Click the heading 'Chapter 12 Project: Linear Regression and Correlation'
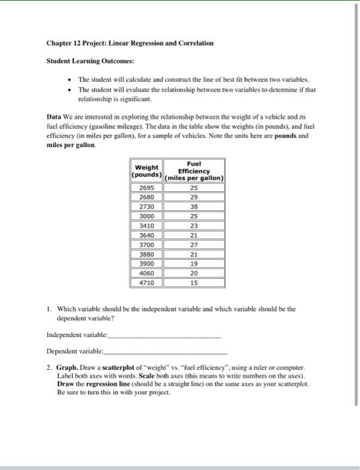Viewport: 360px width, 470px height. tap(130, 43)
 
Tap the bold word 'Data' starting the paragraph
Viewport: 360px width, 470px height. tap(54, 116)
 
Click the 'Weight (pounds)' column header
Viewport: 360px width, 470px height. tap(146, 171)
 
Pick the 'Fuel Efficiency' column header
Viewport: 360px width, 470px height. tap(194, 171)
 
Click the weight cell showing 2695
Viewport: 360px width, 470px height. tap(146, 188)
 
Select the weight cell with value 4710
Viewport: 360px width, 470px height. tap(146, 283)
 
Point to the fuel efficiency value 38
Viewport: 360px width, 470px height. tap(194, 207)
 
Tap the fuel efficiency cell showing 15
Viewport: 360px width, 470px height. tap(194, 283)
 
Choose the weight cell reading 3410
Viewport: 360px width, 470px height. tap(146, 226)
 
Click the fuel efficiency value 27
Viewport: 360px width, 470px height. tap(194, 245)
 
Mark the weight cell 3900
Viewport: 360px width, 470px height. tap(146, 265)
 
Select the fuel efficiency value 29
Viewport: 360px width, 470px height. tap(194, 198)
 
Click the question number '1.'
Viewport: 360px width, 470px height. tap(49, 309)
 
